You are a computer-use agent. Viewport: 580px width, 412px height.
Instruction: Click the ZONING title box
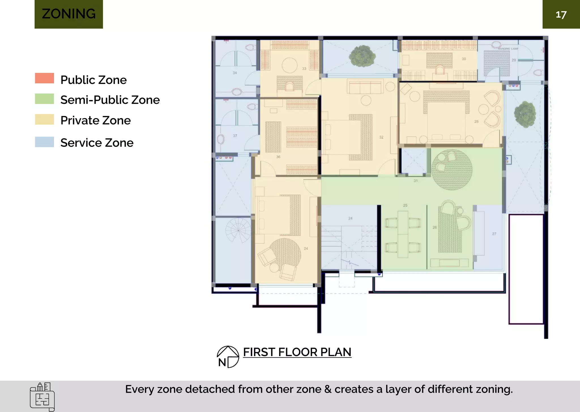tap(69, 14)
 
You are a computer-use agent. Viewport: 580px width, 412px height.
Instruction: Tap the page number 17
tap(561, 15)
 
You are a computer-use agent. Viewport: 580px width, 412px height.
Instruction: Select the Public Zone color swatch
tap(44, 78)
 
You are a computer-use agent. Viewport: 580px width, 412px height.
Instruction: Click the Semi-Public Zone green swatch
tap(44, 99)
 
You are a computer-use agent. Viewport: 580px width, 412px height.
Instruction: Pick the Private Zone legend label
tap(96, 121)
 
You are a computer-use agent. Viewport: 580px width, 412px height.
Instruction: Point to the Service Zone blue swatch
tap(44, 142)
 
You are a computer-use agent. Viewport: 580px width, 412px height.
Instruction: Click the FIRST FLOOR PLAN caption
tap(297, 352)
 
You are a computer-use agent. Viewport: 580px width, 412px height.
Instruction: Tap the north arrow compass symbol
tap(228, 357)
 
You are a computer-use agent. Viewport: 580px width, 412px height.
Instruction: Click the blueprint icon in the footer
tap(42, 397)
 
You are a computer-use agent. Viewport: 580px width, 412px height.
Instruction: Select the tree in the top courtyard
tap(362, 56)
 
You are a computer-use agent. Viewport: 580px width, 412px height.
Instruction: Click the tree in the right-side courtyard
tap(525, 114)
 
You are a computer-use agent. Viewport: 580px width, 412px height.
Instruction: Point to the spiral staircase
tap(238, 230)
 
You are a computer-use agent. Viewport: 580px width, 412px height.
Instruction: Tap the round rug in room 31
tap(452, 170)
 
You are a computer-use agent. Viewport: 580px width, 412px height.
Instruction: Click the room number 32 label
tap(381, 137)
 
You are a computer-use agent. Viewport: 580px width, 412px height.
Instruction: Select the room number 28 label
tap(476, 122)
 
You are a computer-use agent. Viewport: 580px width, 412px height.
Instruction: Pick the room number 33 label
tap(304, 69)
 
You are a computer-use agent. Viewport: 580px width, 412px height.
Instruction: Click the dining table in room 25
tap(403, 234)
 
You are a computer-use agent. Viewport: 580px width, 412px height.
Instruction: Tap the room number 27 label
tap(494, 234)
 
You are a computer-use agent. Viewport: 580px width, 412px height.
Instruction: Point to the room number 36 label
tap(278, 157)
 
